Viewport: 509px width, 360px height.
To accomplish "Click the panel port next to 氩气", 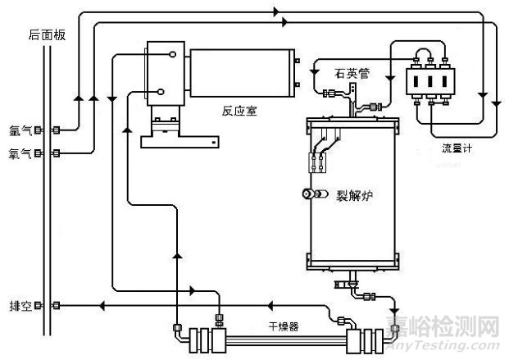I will [x=57, y=130].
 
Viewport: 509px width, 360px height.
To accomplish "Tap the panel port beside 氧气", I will [x=57, y=153].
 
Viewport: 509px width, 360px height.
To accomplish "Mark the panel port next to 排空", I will [x=57, y=306].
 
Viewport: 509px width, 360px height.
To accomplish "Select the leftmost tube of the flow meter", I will [x=412, y=84].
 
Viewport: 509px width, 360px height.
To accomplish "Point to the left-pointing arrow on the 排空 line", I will [x=103, y=306].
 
